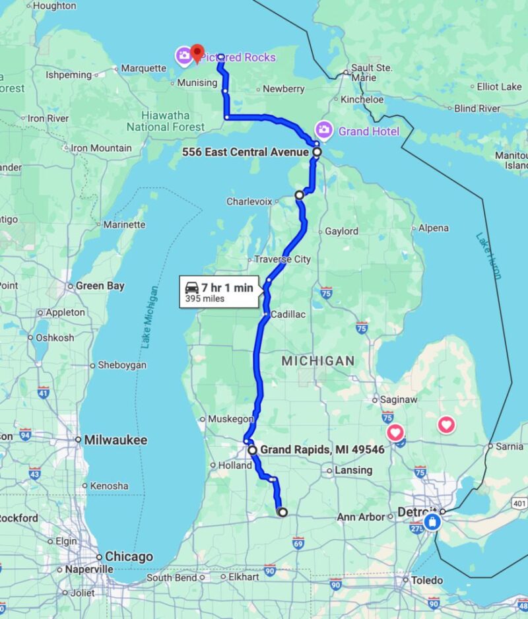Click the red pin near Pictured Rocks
(197, 53)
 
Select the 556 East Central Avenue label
(244, 152)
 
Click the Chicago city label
(129, 556)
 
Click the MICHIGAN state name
(318, 361)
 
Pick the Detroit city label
(417, 512)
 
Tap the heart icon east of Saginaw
(446, 424)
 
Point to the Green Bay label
(99, 286)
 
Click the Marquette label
(144, 68)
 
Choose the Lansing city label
(354, 471)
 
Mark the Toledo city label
(427, 580)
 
